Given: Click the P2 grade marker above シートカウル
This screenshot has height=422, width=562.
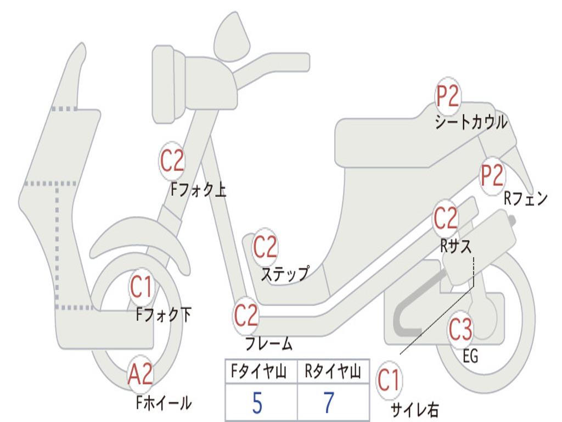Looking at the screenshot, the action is pos(448,97).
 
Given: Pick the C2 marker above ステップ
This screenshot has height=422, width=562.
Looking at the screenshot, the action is pos(265,248).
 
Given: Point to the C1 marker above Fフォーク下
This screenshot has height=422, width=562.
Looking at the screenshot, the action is pos(143,287).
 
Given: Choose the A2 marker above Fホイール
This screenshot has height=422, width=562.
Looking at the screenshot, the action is pos(140,375).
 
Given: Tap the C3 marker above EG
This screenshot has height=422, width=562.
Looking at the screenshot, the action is pos(460,330).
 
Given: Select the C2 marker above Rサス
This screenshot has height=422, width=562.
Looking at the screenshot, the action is pos(445,219).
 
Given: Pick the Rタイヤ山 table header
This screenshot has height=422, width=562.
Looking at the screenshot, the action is pos(333,373).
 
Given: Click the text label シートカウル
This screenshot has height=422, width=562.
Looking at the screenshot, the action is pos(471,123).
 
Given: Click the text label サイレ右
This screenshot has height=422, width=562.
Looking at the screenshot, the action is pos(414,410).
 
